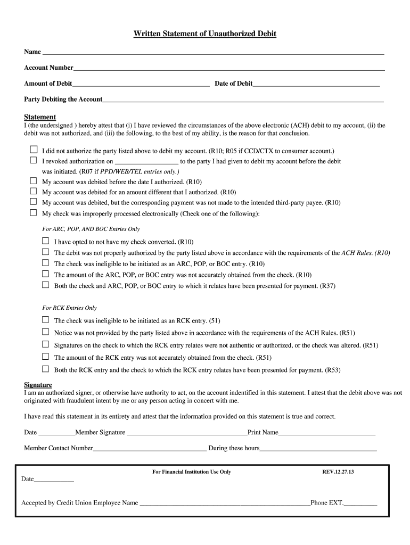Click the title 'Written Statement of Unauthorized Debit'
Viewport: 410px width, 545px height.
[205, 34]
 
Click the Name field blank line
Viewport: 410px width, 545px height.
[213, 53]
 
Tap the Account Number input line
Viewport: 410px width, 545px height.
[229, 69]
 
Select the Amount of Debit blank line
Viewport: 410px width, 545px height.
[141, 85]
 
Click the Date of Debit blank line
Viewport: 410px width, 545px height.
[316, 85]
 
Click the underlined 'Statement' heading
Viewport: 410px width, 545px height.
[40, 117]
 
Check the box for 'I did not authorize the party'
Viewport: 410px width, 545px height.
[33, 150]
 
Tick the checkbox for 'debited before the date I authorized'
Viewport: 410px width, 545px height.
[33, 181]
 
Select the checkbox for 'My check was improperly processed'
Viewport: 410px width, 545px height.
[33, 213]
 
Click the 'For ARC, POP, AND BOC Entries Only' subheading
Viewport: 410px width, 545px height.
[91, 229]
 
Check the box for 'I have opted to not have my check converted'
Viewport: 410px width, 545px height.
[45, 241]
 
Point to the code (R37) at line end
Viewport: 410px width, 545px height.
[327, 286]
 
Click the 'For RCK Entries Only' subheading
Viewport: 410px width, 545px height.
[69, 308]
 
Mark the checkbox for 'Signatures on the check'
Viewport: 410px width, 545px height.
[45, 345]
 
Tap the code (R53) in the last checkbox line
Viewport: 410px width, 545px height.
[333, 370]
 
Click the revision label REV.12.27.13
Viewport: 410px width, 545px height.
[338, 472]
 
